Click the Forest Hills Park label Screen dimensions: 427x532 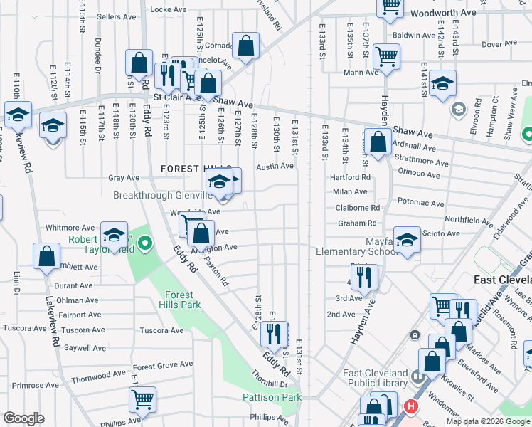click(181, 300)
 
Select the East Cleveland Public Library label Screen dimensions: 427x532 click(376, 379)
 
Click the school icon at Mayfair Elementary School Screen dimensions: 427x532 click(408, 241)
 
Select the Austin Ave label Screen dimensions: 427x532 click(275, 166)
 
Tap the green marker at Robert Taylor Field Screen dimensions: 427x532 click(144, 245)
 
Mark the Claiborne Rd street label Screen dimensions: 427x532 click(358, 208)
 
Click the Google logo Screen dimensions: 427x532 click(24, 418)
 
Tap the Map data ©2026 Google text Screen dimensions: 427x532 click(488, 421)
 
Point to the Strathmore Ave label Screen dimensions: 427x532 click(422, 162)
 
